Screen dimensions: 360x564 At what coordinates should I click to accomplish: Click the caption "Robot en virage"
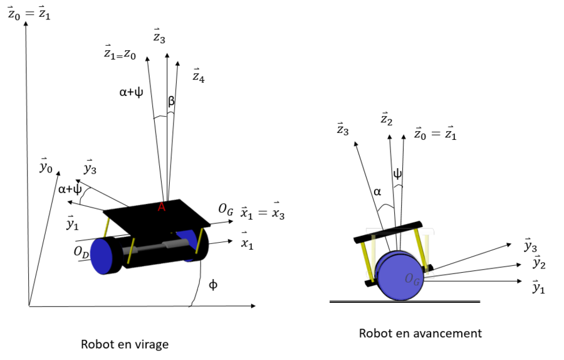click(125, 344)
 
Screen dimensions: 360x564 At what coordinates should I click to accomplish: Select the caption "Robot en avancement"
click(420, 333)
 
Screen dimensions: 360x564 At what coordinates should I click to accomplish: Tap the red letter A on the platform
click(162, 207)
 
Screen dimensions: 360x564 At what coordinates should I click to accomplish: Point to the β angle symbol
click(171, 100)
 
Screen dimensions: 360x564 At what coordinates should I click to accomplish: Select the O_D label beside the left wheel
click(81, 251)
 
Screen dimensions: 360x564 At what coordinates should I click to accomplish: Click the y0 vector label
click(46, 167)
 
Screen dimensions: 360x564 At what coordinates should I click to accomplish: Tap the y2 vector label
click(538, 263)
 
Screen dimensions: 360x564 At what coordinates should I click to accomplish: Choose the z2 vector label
click(387, 119)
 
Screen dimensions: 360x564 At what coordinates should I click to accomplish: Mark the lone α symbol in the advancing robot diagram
click(377, 193)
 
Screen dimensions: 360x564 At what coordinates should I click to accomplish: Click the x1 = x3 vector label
click(263, 213)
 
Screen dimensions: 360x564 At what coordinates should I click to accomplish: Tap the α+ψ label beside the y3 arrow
click(70, 189)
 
